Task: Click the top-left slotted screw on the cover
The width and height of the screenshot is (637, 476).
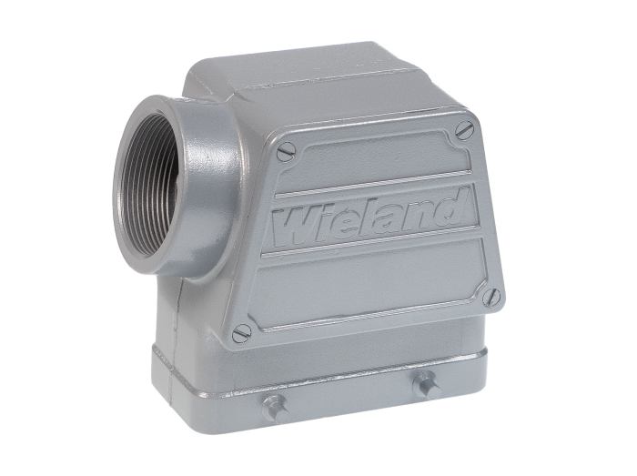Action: click(x=286, y=151)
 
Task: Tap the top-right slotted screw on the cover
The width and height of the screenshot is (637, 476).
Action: click(x=465, y=130)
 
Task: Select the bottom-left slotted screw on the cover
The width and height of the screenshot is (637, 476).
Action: click(x=242, y=334)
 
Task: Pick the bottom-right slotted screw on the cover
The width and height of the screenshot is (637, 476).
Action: click(x=492, y=297)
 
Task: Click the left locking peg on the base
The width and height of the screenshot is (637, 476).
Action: click(x=276, y=409)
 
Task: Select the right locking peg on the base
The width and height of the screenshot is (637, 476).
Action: click(x=427, y=385)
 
